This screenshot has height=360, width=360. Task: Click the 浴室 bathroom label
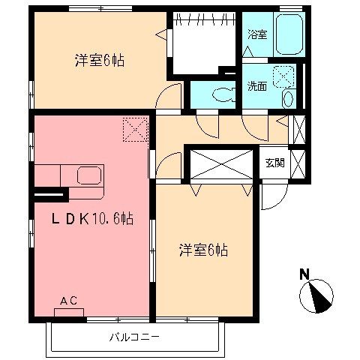[x=257, y=34]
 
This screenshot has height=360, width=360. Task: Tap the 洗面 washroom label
[x=257, y=85]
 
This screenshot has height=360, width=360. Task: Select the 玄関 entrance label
[x=275, y=163]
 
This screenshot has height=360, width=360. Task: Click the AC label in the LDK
[x=69, y=301]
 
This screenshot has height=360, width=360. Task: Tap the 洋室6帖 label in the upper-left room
[x=99, y=60]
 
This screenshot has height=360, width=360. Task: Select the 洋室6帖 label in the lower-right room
[x=202, y=250]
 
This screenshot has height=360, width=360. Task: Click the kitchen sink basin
[x=90, y=177]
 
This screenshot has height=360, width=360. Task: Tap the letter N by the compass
[x=305, y=274]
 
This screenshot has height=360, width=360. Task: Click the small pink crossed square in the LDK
[x=134, y=129]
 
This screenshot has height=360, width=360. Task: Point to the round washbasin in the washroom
[x=289, y=98]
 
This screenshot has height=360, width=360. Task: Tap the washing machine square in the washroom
[x=284, y=76]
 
